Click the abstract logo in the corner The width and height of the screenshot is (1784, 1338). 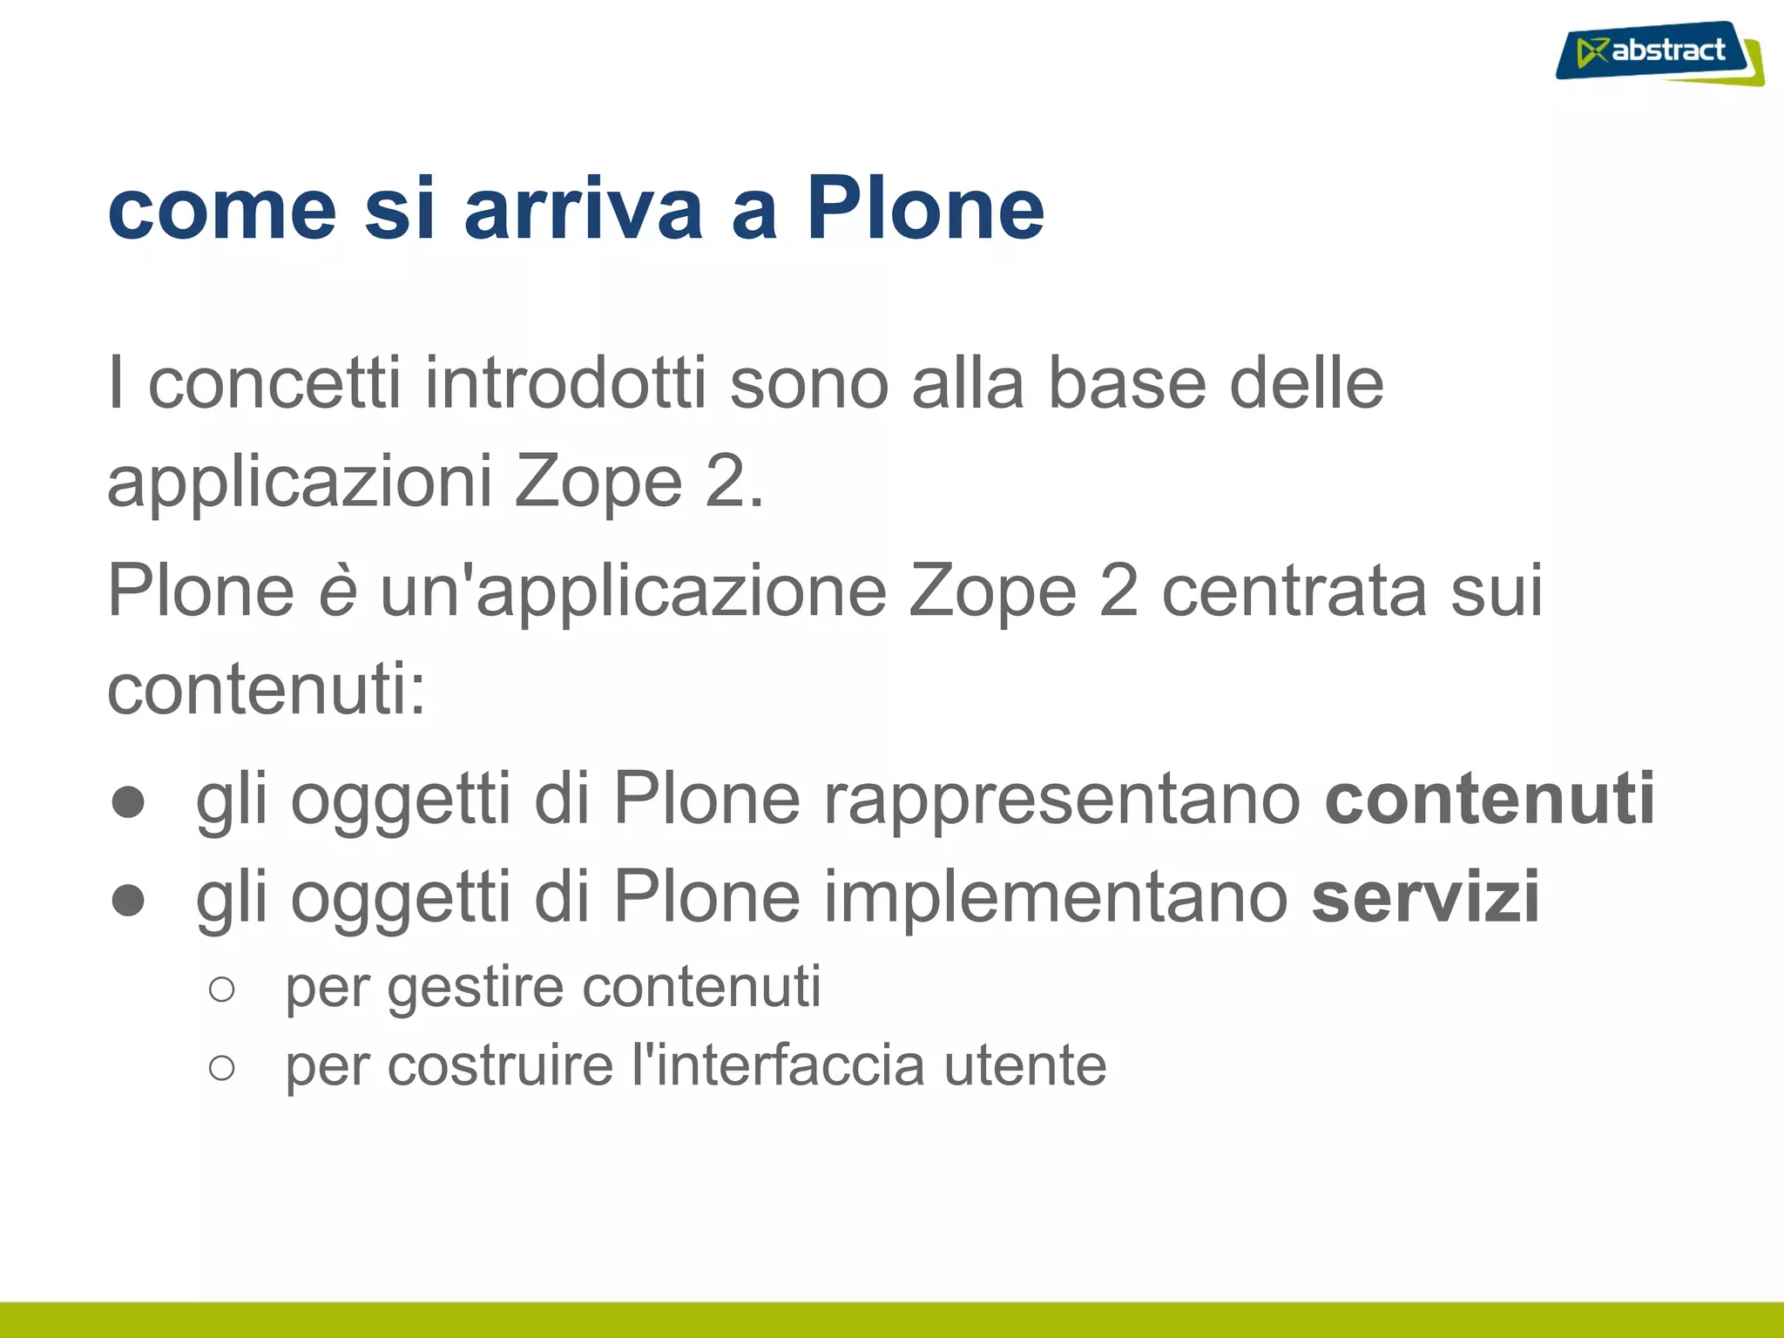coord(1659,52)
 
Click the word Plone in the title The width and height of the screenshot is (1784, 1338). coord(924,209)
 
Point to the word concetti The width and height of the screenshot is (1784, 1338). coord(274,383)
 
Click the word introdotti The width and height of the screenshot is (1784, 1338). coord(564,383)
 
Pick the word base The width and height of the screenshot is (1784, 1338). coord(1126,383)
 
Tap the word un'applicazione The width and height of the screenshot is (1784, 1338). coord(633,591)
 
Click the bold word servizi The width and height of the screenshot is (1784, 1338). coord(1425,897)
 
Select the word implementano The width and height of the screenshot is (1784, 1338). coord(1056,897)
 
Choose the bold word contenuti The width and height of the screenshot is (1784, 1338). coord(1490,798)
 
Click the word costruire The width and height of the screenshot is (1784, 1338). coord(500,1066)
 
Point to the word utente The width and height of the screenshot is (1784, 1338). coord(1025,1066)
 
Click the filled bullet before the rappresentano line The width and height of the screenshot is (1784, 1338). coord(128,802)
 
